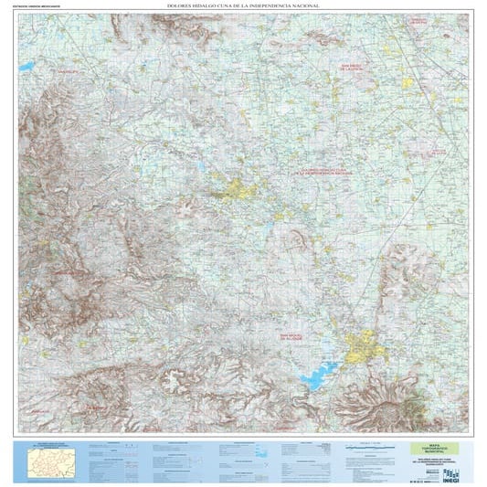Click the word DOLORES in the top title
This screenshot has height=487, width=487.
(180, 5)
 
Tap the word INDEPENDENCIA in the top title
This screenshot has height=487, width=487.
(270, 5)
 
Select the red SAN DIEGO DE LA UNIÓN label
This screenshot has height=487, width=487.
(354, 68)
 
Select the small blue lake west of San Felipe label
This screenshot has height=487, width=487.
(26, 67)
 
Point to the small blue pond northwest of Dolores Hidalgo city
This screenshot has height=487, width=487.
(200, 166)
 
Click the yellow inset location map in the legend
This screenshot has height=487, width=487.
(49, 461)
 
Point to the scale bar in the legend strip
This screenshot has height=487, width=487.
(365, 448)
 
